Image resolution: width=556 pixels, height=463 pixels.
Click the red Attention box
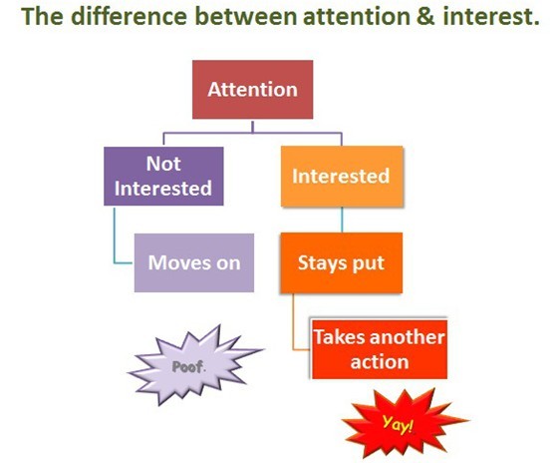[x=252, y=90]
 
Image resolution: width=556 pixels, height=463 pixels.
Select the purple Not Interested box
[x=163, y=176]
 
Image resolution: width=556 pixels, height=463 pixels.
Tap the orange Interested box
[x=342, y=177]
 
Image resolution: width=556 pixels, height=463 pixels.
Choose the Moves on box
[x=194, y=262]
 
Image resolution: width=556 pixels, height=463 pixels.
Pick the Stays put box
[x=342, y=262]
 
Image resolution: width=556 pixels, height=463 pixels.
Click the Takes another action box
[x=380, y=349]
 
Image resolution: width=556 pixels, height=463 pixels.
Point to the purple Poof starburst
[x=194, y=366]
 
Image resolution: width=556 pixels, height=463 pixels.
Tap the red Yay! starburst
[x=405, y=423]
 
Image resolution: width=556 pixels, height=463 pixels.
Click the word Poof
[x=188, y=367]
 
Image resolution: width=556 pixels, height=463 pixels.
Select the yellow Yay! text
[x=398, y=424]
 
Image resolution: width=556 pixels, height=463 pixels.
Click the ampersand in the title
[x=425, y=16]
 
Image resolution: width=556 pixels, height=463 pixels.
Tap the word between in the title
[x=246, y=16]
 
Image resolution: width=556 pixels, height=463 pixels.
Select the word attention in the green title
[x=357, y=17]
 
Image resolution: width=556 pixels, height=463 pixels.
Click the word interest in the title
[x=487, y=17]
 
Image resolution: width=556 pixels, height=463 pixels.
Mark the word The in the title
[x=43, y=16]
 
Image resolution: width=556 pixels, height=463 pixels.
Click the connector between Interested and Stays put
[x=342, y=220]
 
